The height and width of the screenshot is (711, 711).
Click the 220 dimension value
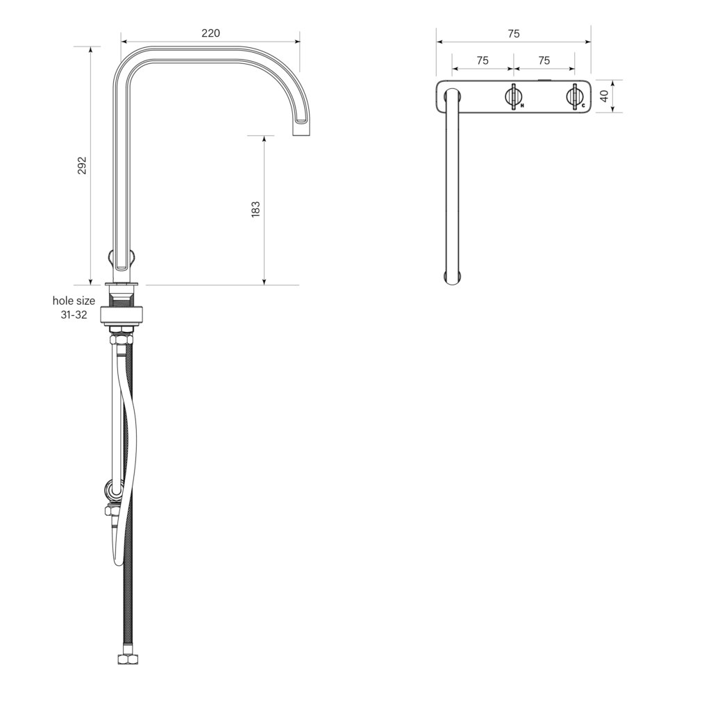pyautogui.click(x=211, y=33)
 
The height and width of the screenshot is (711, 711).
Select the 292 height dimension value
pyautogui.click(x=82, y=165)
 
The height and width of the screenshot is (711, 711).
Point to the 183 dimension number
pyautogui.click(x=256, y=210)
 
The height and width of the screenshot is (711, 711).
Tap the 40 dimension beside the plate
pyautogui.click(x=604, y=96)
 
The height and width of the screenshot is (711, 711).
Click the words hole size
pyautogui.click(x=74, y=301)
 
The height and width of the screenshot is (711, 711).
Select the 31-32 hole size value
pyautogui.click(x=74, y=315)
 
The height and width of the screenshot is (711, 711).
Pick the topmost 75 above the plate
pyautogui.click(x=514, y=33)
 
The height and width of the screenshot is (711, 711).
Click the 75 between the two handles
pyautogui.click(x=544, y=60)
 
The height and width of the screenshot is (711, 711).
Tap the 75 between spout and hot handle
pyautogui.click(x=483, y=60)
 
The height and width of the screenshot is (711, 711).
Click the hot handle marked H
pyautogui.click(x=514, y=97)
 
